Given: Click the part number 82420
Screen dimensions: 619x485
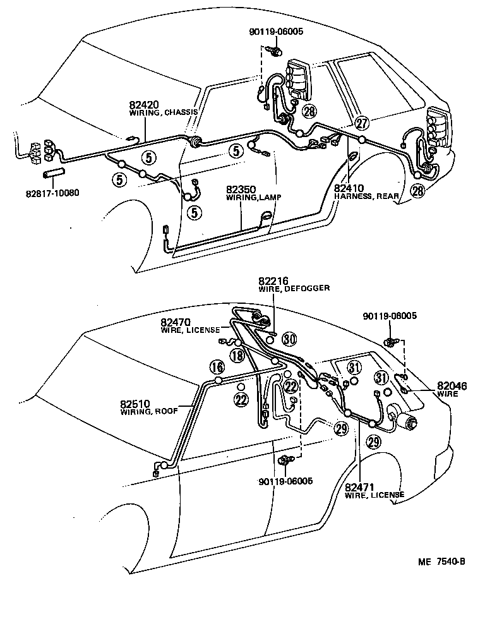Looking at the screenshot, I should pos(143,104).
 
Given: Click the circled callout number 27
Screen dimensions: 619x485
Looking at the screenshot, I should pos(361,123).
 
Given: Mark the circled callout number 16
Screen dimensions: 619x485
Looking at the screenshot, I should pos(217,368).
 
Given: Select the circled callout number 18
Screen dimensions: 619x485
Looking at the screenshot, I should pos(237,355).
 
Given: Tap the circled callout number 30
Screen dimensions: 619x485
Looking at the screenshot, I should pos(289,339).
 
